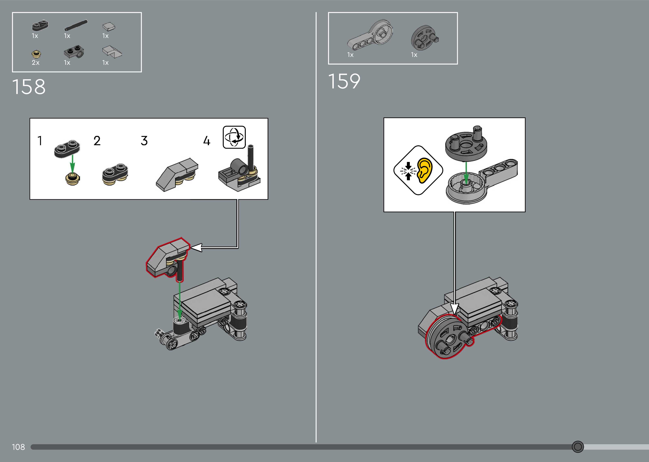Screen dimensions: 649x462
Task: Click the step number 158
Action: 29,87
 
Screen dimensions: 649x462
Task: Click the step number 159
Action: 344,81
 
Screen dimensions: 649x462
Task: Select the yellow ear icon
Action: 424,170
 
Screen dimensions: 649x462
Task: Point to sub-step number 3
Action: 144,141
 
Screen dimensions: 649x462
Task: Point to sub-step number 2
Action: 97,141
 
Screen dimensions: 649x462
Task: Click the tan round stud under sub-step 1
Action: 72,179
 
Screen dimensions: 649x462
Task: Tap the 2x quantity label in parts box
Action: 36,63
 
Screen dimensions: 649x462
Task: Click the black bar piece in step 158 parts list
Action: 76,25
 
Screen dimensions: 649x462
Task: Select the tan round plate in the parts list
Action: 36,54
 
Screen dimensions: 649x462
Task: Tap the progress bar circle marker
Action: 578,447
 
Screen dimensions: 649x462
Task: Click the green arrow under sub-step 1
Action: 72,163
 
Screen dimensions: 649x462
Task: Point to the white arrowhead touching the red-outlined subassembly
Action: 197,247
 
